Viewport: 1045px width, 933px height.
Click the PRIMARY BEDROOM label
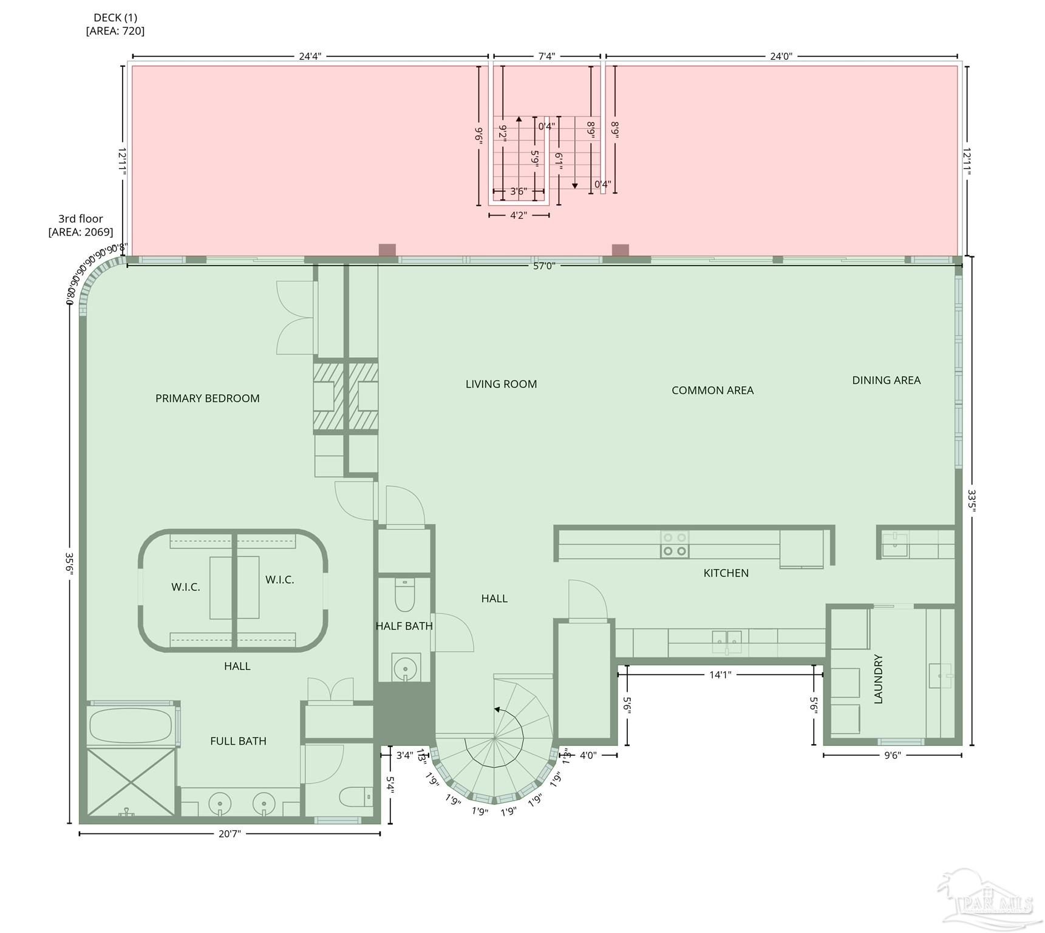(x=207, y=398)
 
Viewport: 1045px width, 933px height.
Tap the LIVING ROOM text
(x=501, y=384)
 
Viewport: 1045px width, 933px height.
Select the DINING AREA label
(x=886, y=380)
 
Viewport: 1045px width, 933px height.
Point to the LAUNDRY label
(x=878, y=679)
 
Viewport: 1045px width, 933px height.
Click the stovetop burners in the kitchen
(x=675, y=544)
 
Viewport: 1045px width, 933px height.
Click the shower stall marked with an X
(x=131, y=781)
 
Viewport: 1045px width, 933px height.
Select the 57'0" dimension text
(x=544, y=265)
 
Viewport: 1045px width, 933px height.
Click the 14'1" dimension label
(x=720, y=674)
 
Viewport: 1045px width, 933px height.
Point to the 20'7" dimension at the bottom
(x=230, y=834)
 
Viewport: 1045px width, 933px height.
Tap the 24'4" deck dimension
(x=310, y=56)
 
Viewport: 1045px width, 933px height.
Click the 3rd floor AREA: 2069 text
(x=81, y=225)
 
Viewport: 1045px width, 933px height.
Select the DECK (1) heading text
(x=115, y=18)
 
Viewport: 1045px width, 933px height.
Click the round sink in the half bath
(x=404, y=669)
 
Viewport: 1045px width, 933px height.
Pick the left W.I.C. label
(x=185, y=587)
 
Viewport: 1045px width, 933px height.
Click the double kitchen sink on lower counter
(x=727, y=639)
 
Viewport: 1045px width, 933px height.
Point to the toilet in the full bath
(x=356, y=796)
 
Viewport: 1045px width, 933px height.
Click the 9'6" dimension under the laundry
(x=892, y=756)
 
